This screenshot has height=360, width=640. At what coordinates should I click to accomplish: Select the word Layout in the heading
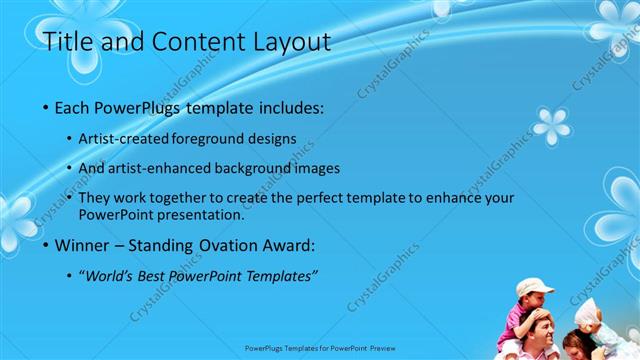pyautogui.click(x=290, y=42)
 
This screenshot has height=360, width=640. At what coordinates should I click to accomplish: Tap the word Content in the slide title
pyautogui.click(x=185, y=42)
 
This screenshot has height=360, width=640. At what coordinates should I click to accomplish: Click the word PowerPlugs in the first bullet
pyautogui.click(x=142, y=106)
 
